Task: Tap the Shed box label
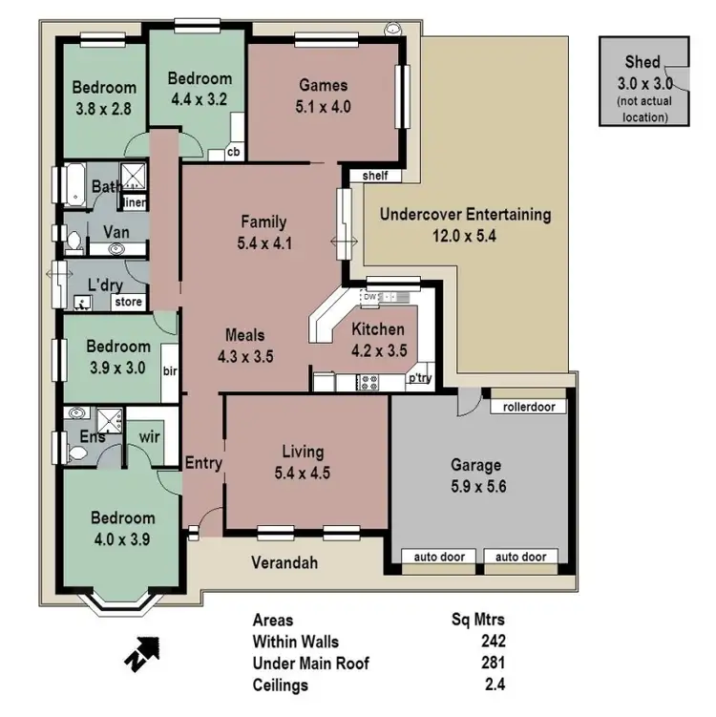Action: (642, 62)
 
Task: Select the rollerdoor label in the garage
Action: (528, 406)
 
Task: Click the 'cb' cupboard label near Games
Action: (232, 153)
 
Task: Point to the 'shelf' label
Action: (375, 176)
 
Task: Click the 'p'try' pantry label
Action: (419, 378)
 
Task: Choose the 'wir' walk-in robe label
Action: (149, 438)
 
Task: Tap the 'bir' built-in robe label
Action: (171, 370)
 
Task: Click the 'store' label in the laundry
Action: (129, 303)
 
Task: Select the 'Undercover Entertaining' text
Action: (465, 215)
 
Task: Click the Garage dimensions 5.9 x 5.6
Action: (475, 485)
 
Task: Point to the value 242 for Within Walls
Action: (493, 641)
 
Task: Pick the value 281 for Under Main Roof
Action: (493, 663)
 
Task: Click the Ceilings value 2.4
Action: (495, 685)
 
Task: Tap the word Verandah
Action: (284, 562)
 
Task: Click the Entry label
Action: (204, 464)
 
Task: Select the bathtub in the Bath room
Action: (74, 183)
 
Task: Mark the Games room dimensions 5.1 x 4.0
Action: (324, 107)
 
